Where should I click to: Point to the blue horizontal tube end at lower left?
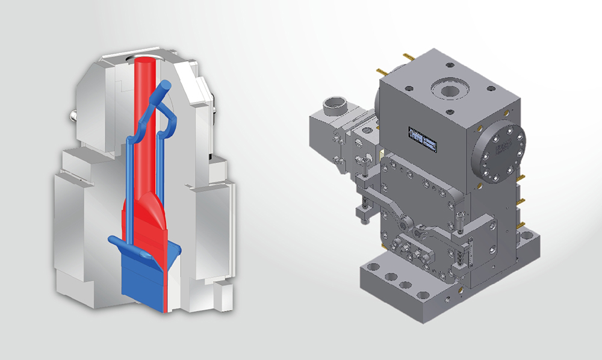[114, 240]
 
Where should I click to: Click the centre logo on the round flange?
[500, 147]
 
